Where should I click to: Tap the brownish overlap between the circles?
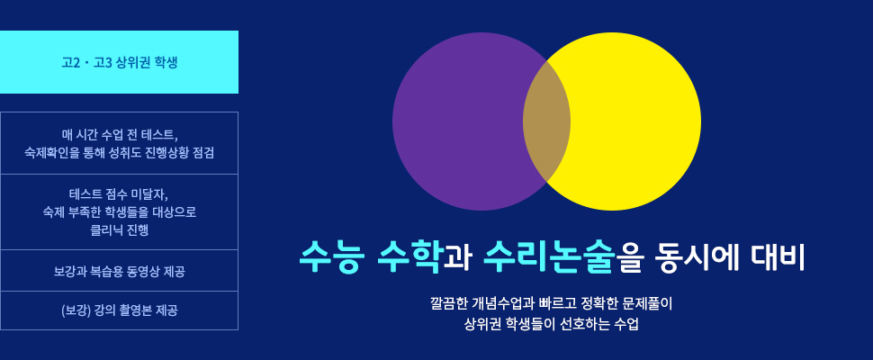[546, 121]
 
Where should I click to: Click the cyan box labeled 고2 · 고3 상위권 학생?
[119, 62]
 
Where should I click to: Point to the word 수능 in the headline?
[332, 256]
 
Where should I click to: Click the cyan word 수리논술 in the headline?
[550, 256]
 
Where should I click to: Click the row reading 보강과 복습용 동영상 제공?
[119, 271]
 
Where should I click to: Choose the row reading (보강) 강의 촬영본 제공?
[119, 310]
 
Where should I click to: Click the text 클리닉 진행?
[119, 229]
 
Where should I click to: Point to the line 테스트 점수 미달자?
[119, 193]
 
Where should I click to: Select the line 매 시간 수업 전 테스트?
[119, 135]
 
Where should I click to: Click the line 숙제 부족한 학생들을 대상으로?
[119, 212]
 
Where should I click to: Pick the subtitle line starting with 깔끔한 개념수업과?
[551, 304]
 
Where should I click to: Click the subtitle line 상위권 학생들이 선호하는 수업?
[551, 324]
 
